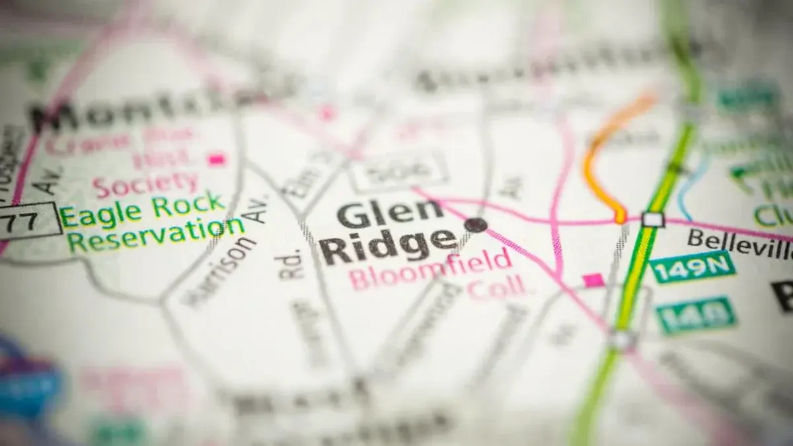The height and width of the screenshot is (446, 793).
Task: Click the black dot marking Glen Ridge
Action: coord(475,225)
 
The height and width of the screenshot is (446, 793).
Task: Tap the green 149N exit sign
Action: coord(691,266)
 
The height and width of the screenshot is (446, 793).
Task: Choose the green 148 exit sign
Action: coord(696,315)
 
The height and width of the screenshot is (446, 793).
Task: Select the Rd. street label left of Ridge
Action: coord(291,264)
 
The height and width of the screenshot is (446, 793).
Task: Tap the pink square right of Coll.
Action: coord(593,280)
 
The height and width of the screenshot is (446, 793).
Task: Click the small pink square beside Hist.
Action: coord(216,159)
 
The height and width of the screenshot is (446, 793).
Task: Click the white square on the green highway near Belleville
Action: coord(652,219)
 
